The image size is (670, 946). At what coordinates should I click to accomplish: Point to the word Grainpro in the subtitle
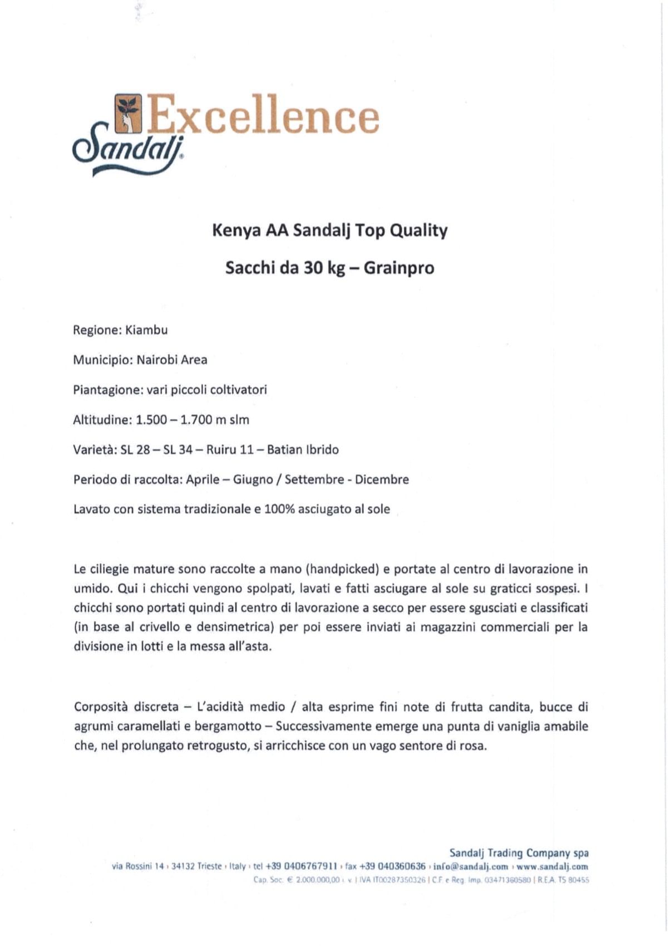[x=399, y=268]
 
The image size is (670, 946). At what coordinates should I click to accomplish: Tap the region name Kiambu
[x=146, y=330]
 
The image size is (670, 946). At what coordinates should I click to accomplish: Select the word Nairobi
[x=157, y=360]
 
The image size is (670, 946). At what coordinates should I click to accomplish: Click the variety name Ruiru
[x=221, y=449]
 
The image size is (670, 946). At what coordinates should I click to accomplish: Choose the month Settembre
[x=314, y=479]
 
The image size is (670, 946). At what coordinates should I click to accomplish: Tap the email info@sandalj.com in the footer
[x=471, y=866]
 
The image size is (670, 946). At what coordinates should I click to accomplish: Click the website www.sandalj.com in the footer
[x=552, y=866]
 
